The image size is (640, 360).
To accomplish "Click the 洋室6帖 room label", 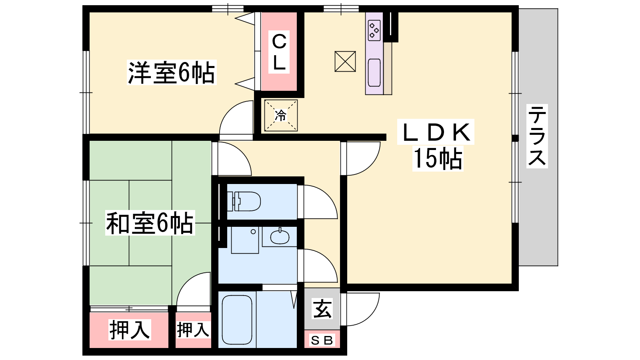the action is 172,72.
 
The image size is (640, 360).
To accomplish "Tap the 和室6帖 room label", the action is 150,223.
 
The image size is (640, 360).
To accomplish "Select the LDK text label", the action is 436,132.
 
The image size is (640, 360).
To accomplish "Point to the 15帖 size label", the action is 438,159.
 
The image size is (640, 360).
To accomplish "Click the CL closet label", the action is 279,52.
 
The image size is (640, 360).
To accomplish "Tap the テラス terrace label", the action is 537,136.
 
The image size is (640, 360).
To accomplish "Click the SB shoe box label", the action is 322,340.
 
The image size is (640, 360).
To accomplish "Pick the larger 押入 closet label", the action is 130,330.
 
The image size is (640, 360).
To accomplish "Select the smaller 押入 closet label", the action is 193,330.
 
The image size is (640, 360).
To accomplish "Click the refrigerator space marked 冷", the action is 281,116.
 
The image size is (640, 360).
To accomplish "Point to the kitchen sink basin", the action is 374,72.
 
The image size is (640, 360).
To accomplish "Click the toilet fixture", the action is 244,202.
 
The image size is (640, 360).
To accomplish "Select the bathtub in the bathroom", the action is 237,320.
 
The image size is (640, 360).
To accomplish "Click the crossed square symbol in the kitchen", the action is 345,62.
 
